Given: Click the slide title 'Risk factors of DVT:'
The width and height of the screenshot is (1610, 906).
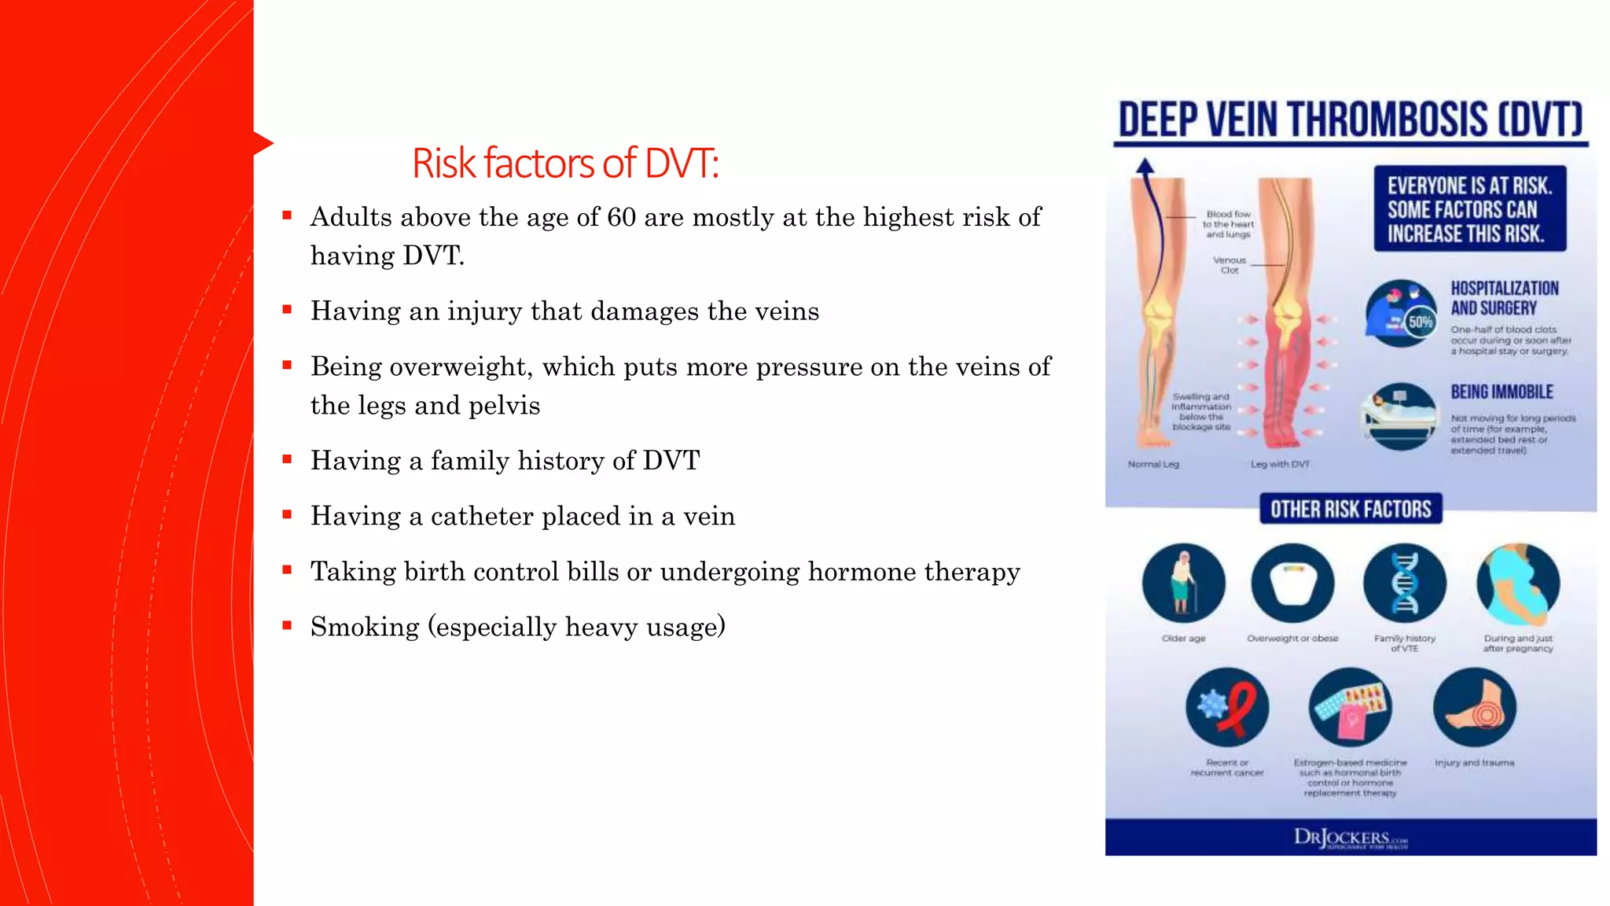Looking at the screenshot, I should (565, 164).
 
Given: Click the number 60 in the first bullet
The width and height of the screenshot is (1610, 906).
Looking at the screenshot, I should (621, 217).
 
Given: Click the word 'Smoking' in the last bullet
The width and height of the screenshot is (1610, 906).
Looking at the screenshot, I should (365, 627).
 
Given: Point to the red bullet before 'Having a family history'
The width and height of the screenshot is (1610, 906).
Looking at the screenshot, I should (288, 459).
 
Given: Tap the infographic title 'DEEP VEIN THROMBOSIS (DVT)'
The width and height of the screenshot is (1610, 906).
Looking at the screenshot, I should (1351, 120).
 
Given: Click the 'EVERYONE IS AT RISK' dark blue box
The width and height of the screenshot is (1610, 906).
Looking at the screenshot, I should (1469, 209).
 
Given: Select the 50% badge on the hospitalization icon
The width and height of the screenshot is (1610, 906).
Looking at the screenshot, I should (1421, 322).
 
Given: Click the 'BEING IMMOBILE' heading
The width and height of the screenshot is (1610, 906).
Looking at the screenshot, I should (1502, 392).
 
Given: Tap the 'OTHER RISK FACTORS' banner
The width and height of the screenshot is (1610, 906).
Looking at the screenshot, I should (1351, 510).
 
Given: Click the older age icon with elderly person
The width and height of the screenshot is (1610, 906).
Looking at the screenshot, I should (1183, 584).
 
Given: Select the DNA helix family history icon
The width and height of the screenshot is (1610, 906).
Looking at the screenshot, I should (1404, 584).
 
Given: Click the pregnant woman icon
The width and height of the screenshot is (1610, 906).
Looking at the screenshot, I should (1517, 584).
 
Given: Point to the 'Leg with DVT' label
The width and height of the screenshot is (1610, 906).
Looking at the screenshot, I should (1280, 464).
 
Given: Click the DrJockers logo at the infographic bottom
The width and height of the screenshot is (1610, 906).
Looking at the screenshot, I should (1350, 838).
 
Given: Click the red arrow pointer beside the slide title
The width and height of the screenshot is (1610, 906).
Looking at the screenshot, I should (263, 143).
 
